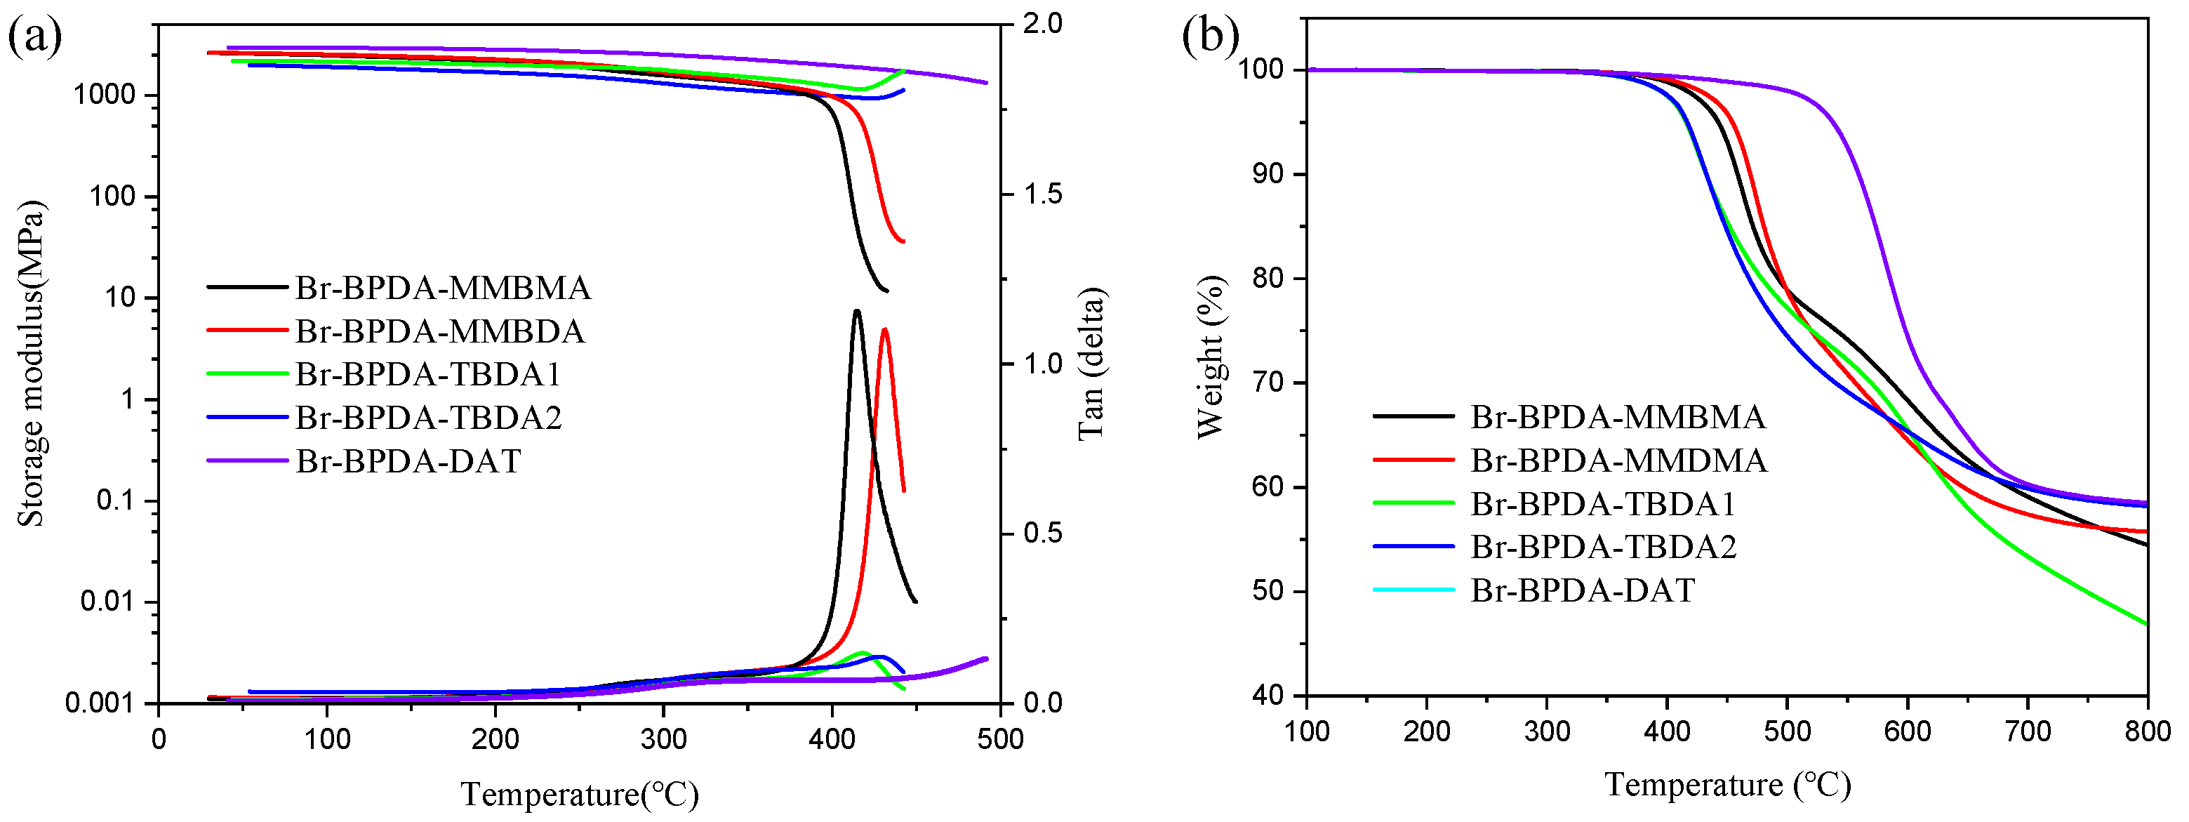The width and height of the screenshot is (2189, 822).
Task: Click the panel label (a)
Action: pyautogui.click(x=34, y=37)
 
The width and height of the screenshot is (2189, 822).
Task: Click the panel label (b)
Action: pyautogui.click(x=1210, y=37)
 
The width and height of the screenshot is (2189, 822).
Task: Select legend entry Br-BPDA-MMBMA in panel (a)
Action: pyautogui.click(x=443, y=289)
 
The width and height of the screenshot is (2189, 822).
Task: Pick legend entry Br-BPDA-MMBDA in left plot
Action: pyautogui.click(x=439, y=331)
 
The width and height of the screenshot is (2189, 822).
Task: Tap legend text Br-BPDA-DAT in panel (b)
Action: pyautogui.click(x=1582, y=590)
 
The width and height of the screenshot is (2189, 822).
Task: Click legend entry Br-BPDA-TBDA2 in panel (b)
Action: pyautogui.click(x=1604, y=547)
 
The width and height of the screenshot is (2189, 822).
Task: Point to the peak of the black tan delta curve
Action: pyautogui.click(x=856, y=311)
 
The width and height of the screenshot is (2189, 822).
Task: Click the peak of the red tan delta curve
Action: pyautogui.click(x=884, y=330)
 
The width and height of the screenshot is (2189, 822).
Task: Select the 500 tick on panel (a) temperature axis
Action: pyautogui.click(x=1000, y=738)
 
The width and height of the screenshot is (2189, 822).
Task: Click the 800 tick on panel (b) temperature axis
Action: pyautogui.click(x=2148, y=731)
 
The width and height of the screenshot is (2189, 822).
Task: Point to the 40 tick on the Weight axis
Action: pyautogui.click(x=1269, y=696)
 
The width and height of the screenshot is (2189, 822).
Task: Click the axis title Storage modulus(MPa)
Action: pyautogui.click(x=32, y=364)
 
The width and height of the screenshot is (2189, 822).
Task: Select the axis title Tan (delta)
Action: pyautogui.click(x=1091, y=364)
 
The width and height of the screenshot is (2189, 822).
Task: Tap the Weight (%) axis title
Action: pyautogui.click(x=1210, y=357)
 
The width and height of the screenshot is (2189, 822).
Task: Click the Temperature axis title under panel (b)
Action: pyautogui.click(x=1726, y=784)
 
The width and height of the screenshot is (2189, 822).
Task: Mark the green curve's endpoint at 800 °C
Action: pyautogui.click(x=2146, y=624)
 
